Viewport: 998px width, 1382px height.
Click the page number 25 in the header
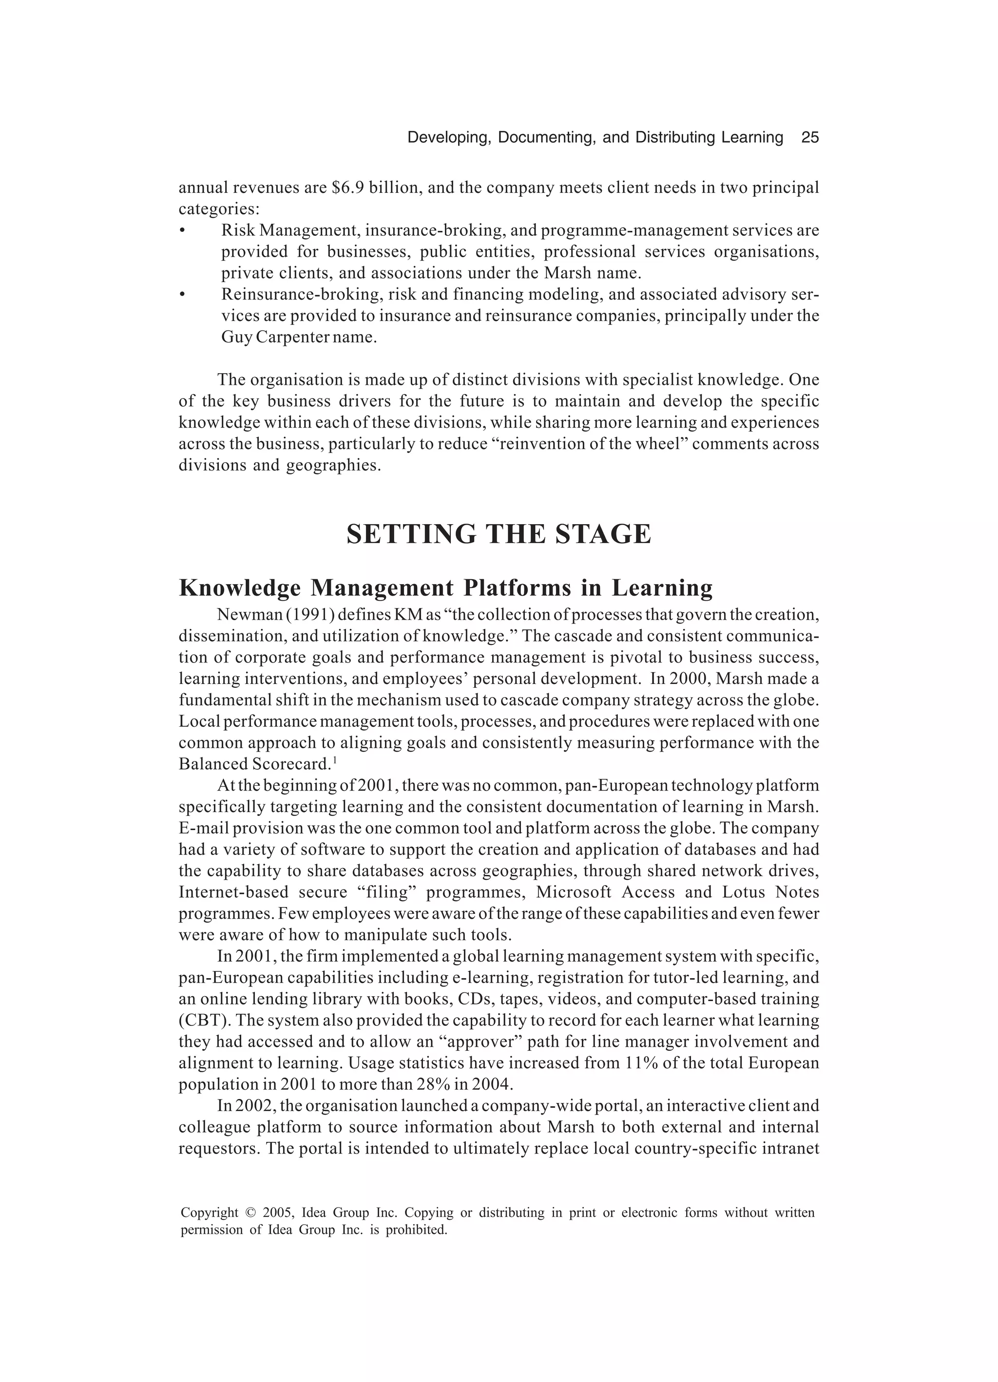click(809, 138)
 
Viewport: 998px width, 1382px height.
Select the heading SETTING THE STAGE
click(499, 534)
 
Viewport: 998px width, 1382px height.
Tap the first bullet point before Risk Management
click(182, 231)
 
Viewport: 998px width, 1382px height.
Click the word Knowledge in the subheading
click(240, 588)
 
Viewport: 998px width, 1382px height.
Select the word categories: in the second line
click(219, 209)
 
